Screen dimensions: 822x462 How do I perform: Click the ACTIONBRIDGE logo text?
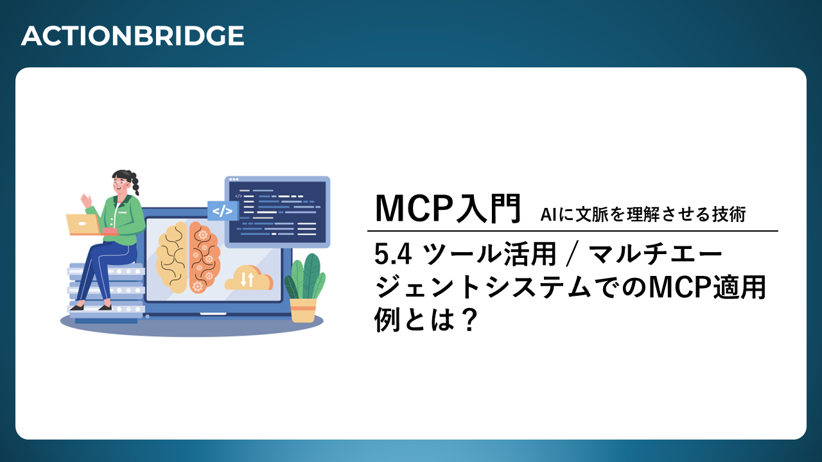coord(132,36)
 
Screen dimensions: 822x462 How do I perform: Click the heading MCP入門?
coord(448,209)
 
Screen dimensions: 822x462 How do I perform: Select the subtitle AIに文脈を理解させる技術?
coord(643,214)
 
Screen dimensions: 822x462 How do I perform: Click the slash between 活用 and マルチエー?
coord(573,255)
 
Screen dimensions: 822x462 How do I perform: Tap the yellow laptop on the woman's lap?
coord(83,225)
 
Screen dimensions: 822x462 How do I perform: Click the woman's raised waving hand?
coord(87,201)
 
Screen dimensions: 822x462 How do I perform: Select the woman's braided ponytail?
coord(134,184)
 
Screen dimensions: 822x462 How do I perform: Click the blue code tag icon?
coord(222,211)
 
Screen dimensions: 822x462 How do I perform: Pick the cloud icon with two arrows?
coord(249,278)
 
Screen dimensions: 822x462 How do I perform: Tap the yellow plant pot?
coord(303,310)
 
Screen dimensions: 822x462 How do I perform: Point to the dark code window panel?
coord(277,212)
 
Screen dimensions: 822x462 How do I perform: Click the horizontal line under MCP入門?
coord(572,231)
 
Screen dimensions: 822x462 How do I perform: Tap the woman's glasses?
coord(122,181)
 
